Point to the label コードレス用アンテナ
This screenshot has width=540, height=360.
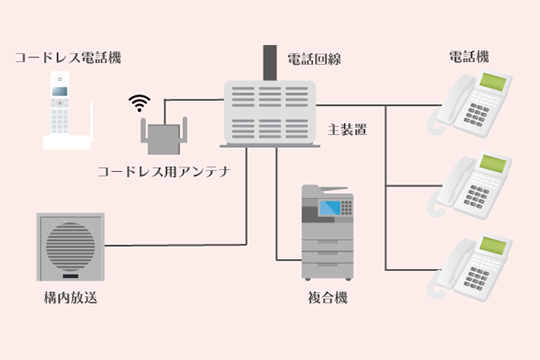164,171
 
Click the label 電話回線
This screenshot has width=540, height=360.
314,59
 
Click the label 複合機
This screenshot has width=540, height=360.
328,299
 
